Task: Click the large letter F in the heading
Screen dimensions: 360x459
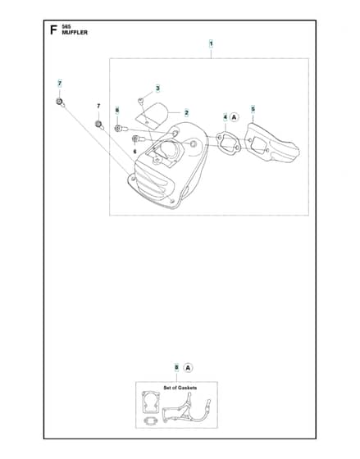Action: [x=53, y=30]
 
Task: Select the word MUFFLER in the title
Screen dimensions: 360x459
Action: [x=75, y=33]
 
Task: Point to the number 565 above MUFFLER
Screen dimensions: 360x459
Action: [x=66, y=26]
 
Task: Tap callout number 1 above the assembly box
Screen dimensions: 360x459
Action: [x=211, y=44]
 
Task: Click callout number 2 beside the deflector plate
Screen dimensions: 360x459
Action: [x=186, y=113]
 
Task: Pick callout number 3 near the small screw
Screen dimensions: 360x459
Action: [x=158, y=89]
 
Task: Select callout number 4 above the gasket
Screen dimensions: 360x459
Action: [x=226, y=117]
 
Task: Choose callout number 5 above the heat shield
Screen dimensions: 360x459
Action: [x=253, y=109]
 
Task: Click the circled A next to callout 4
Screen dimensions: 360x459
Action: [x=234, y=117]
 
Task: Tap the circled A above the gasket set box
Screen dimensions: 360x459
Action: [x=188, y=368]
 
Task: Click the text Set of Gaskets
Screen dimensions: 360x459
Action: [x=180, y=388]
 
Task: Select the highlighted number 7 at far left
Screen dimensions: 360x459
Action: [x=60, y=84]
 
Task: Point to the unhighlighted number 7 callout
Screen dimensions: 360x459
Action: [x=98, y=106]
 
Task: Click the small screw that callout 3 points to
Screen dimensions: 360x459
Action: [x=141, y=102]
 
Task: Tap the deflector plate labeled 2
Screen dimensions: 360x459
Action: [x=153, y=115]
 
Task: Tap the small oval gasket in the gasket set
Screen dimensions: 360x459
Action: [x=151, y=420]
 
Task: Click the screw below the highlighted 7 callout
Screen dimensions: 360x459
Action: [x=60, y=102]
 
